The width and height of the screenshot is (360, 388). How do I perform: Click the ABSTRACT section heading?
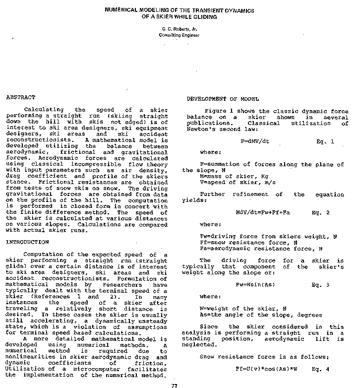click(20, 97)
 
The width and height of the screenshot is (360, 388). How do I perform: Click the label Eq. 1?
click(325, 141)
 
